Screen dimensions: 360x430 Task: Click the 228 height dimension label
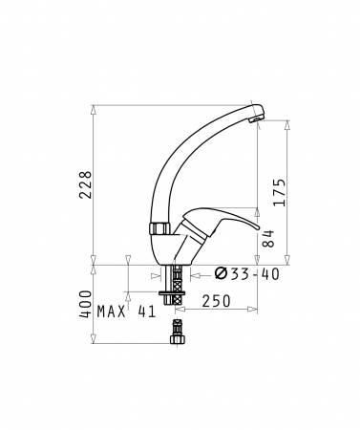pos(86,185)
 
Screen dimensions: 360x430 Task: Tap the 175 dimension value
pos(279,192)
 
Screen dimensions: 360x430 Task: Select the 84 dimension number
pos(269,239)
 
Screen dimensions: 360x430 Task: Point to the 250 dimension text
pos(216,301)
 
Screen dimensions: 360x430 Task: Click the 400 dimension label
pos(85,304)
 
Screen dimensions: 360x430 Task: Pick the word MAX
pos(112,312)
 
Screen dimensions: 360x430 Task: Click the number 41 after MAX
pos(147,312)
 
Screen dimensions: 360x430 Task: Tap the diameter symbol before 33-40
pos(221,273)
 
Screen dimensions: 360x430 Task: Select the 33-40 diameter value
pos(255,274)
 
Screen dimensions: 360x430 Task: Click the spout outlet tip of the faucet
pos(255,119)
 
